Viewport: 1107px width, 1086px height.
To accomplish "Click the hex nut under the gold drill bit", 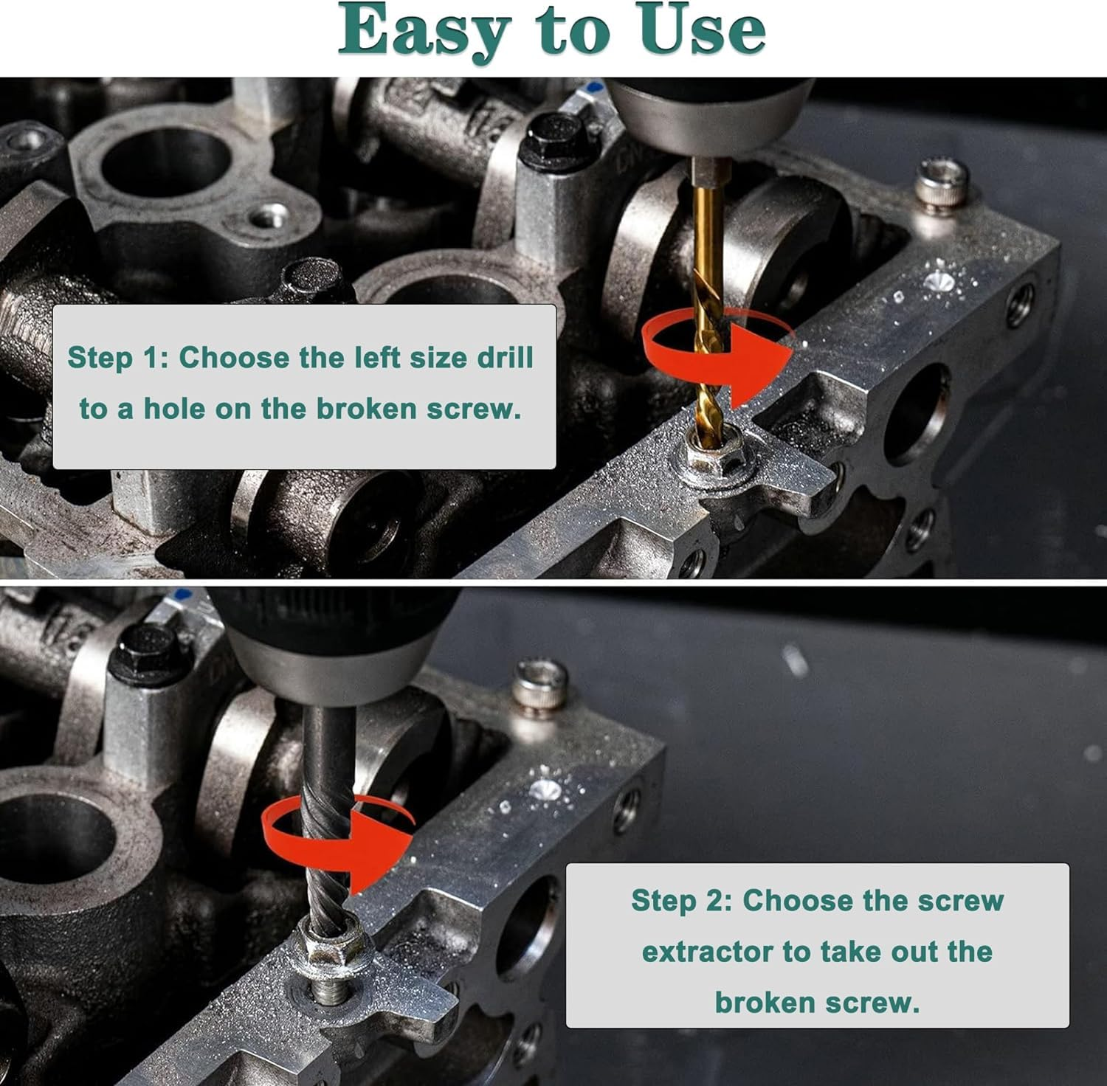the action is [x=711, y=456].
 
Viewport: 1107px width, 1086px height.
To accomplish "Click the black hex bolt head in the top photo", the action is [x=554, y=140].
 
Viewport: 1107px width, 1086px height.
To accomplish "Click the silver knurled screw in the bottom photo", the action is [x=542, y=687].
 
